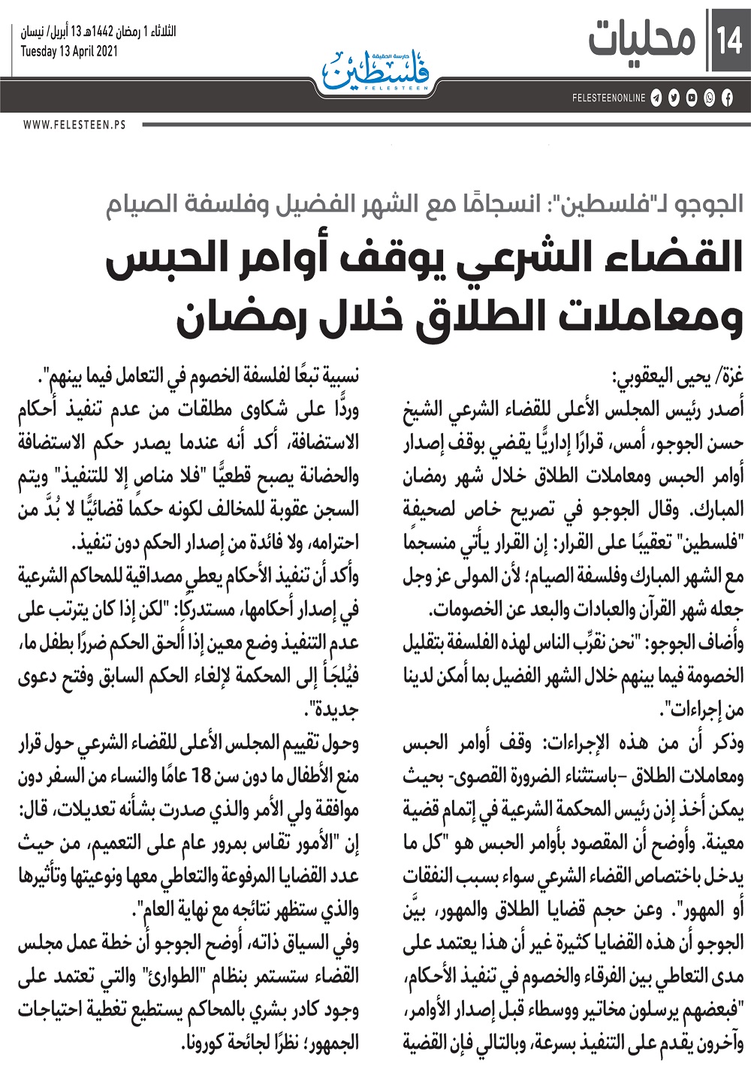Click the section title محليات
click(x=643, y=40)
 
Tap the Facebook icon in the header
click(x=727, y=98)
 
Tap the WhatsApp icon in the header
click(x=709, y=98)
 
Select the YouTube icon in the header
click(x=691, y=98)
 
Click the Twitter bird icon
click(x=674, y=98)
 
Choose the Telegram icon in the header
click(x=656, y=98)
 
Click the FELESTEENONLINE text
click(x=608, y=98)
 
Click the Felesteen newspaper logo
click(x=375, y=71)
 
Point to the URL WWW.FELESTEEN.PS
click(x=74, y=125)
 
